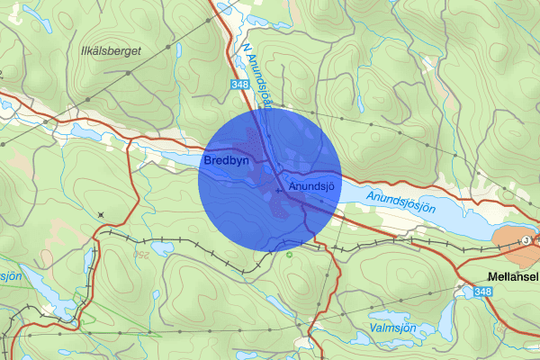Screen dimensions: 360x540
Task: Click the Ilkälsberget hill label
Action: tap(110, 51)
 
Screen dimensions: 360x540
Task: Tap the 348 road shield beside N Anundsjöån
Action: tap(238, 85)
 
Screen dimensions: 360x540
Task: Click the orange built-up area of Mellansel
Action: tap(513, 240)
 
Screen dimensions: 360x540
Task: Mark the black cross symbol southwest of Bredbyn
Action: tap(101, 214)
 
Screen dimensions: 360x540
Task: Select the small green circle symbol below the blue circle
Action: tap(288, 254)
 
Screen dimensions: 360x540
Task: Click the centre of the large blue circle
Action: tap(270, 180)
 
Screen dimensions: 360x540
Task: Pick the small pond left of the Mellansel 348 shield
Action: tap(461, 291)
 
